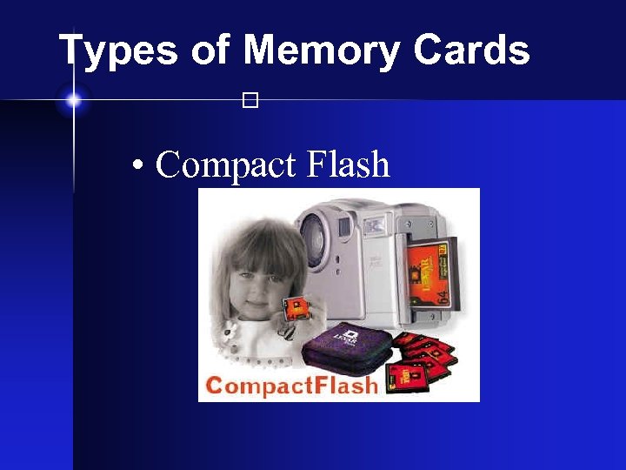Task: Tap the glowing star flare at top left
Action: click(73, 101)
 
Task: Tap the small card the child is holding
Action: click(296, 306)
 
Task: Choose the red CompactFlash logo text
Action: click(291, 386)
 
